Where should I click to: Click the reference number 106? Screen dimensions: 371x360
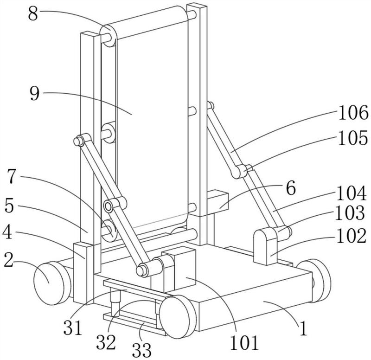coord(353,113)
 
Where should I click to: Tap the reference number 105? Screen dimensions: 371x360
coord(352,138)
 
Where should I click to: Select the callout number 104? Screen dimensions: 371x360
coord(352,193)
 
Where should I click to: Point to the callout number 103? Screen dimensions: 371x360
coord(350,213)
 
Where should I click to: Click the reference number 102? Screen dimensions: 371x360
coord(351,236)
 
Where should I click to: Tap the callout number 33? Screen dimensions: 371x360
coord(141,350)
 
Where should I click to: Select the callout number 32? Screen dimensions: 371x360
coord(106,342)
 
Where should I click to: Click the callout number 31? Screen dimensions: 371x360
coord(73,328)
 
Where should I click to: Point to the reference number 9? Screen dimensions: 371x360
coord(34,94)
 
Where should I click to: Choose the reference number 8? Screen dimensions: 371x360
coord(33,14)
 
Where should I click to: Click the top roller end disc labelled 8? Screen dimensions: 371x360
coord(109,36)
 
